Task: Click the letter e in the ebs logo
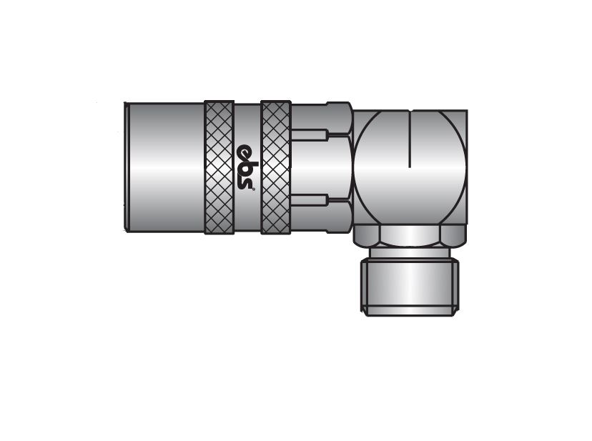click(x=245, y=151)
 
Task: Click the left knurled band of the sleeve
click(x=219, y=167)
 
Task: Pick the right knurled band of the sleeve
click(x=275, y=167)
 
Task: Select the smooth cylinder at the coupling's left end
click(x=166, y=167)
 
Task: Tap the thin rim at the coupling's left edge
click(x=126, y=167)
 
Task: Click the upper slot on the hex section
click(x=308, y=134)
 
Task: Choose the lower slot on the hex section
click(x=308, y=200)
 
